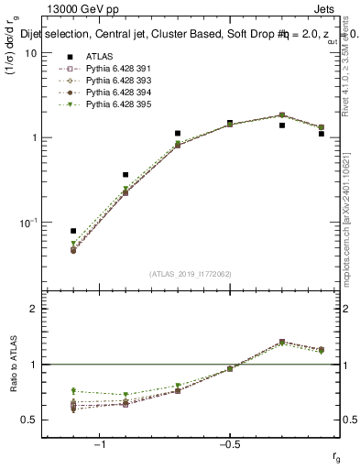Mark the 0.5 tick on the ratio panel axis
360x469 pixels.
coord(30,420)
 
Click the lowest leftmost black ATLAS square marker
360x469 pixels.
coord(73,231)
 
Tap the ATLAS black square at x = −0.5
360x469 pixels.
coord(230,123)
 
